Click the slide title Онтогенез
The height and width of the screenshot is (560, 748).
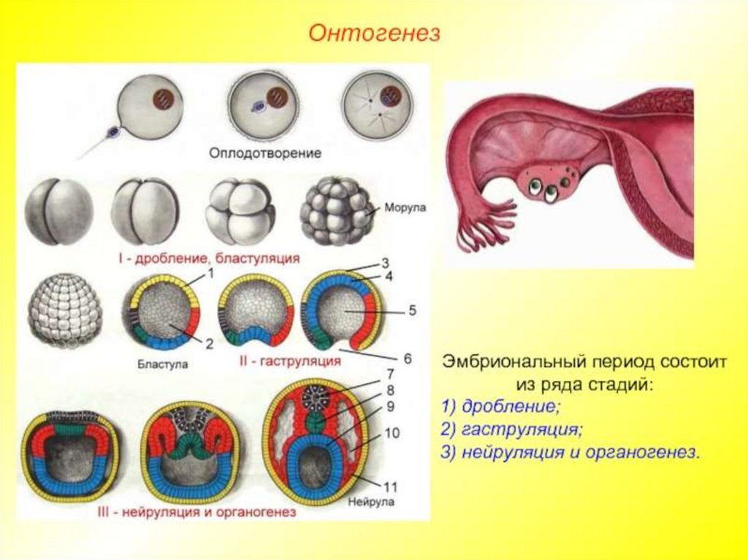[x=373, y=34]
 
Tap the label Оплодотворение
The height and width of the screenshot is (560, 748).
[x=265, y=154]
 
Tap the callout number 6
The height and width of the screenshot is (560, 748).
[x=407, y=358]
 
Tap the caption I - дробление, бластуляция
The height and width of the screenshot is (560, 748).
[x=209, y=258]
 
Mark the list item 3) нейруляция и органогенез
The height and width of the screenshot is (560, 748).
[x=570, y=451]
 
